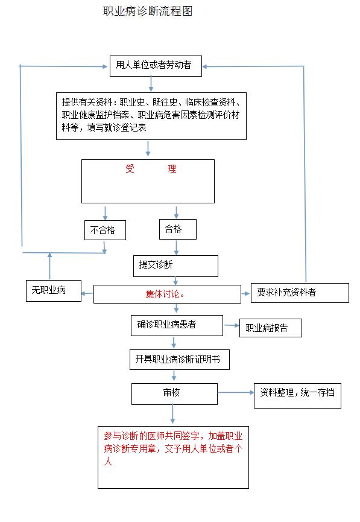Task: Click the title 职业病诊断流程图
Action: coord(148,11)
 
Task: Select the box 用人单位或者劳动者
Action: coord(156,66)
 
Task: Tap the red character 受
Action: coord(130,168)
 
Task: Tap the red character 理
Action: coord(172,168)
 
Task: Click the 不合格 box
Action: coord(105,230)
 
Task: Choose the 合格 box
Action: coord(178,229)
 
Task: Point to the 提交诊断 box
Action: coord(175,266)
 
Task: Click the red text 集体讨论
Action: coord(163,294)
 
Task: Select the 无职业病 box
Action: coord(54,291)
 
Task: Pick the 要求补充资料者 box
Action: coord(300,293)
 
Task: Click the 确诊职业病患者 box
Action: coord(177,325)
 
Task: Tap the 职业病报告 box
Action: coord(271,328)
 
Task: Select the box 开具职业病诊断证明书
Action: coord(180,360)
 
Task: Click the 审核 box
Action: coord(175,394)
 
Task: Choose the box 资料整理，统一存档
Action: coord(297,395)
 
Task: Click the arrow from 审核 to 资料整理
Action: coord(236,392)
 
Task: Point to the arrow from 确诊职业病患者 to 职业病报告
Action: coord(232,325)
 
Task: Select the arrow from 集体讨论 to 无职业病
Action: coord(87,293)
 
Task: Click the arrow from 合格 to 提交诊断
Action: coord(176,247)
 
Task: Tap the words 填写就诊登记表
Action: coord(117,127)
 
